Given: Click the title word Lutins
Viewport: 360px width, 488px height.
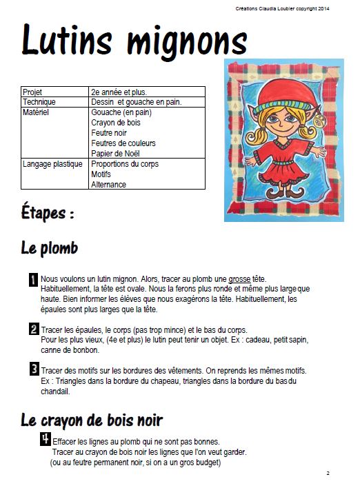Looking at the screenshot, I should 66,40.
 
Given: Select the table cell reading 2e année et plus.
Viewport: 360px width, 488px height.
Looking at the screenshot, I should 119,92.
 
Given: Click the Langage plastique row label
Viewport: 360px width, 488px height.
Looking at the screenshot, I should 52,164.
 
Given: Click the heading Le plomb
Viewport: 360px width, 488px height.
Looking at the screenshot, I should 50,248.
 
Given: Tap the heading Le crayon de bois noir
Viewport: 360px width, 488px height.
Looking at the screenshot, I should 92,419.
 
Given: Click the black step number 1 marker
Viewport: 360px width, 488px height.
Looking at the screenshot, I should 34,280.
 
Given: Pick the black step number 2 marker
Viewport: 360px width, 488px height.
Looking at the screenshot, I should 34,329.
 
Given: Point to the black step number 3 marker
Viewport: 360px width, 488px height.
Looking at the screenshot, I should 34,370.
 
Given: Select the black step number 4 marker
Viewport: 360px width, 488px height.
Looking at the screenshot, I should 46,439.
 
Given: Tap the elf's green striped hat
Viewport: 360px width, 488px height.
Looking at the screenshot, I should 274,108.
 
